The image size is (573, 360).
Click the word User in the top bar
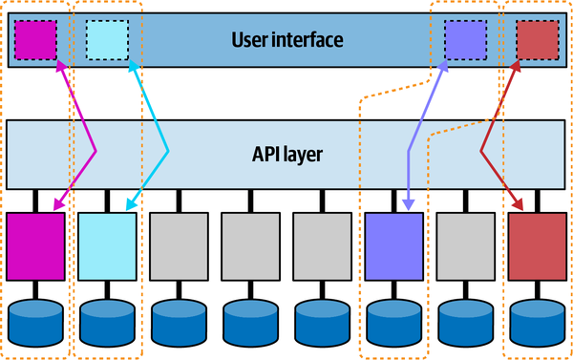pos(253,40)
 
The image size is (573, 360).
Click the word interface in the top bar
pos(308,40)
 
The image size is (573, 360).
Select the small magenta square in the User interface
pos(35,39)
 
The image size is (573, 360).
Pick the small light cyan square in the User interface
pos(107,39)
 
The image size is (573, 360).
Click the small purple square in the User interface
pos(464,39)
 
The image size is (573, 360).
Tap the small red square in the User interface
pos(537,39)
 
